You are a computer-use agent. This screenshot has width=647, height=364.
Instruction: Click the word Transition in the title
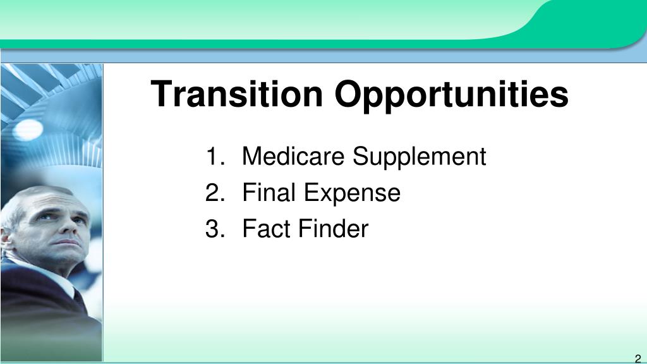236,94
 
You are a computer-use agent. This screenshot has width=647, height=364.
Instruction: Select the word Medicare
293,156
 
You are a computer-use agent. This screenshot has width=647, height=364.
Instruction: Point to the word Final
269,192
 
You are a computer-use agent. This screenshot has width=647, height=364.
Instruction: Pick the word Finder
333,229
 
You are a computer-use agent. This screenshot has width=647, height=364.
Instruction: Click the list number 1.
215,156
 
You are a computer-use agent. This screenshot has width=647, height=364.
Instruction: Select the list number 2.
215,192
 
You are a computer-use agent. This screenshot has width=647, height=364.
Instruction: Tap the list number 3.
215,229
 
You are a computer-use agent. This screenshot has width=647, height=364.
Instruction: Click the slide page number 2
638,359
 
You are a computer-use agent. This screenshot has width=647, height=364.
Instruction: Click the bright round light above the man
28,130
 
